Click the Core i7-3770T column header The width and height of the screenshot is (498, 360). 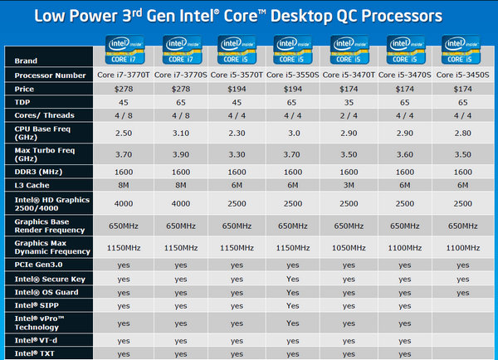(x=124, y=75)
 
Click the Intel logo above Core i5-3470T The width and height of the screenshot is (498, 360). (x=354, y=50)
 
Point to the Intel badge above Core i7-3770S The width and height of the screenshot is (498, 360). (x=180, y=50)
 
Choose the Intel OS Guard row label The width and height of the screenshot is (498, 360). (x=46, y=292)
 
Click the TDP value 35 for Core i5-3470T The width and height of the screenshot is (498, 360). (x=353, y=101)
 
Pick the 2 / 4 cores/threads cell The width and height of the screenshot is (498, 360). (x=353, y=114)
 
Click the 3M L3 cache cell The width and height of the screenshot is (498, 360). (x=353, y=184)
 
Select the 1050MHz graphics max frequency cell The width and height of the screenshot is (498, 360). (x=353, y=246)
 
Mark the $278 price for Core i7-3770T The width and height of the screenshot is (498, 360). (x=124, y=88)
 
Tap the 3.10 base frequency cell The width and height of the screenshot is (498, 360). (x=181, y=133)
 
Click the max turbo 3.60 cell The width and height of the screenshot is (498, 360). (x=410, y=155)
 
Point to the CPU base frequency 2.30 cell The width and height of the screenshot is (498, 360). (x=239, y=133)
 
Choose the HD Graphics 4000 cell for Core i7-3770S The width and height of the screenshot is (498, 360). (x=181, y=203)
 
